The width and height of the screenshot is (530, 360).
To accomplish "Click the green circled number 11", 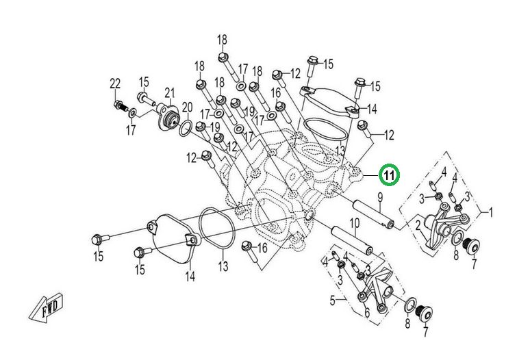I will click(x=388, y=176).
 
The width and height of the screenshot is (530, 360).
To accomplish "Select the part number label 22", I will click(x=115, y=83).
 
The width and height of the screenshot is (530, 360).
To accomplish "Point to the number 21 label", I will click(x=170, y=93).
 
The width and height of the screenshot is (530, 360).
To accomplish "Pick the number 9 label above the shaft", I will click(x=379, y=197).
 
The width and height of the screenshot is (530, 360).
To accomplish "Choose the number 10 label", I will click(x=355, y=223).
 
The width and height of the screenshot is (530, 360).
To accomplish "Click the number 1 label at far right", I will click(x=490, y=212).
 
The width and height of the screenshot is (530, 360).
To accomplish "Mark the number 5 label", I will click(x=333, y=300).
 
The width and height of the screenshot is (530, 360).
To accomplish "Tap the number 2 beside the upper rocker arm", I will click(x=417, y=224).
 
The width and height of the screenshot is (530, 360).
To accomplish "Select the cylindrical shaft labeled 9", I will click(x=373, y=212).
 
